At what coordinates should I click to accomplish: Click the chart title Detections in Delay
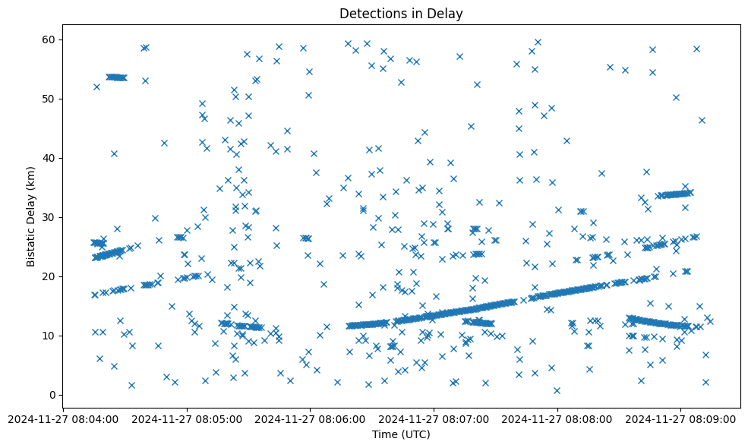[x=401, y=14]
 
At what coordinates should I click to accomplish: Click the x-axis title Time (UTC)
[x=401, y=434]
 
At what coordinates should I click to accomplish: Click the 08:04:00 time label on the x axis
[x=65, y=418]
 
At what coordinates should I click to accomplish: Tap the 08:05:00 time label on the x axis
[x=188, y=418]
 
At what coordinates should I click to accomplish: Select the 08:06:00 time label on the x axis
[x=311, y=418]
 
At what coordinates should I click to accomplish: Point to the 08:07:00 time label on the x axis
[x=434, y=418]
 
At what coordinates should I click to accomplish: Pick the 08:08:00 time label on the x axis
[x=557, y=418]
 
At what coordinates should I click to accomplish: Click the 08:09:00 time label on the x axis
[x=680, y=418]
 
